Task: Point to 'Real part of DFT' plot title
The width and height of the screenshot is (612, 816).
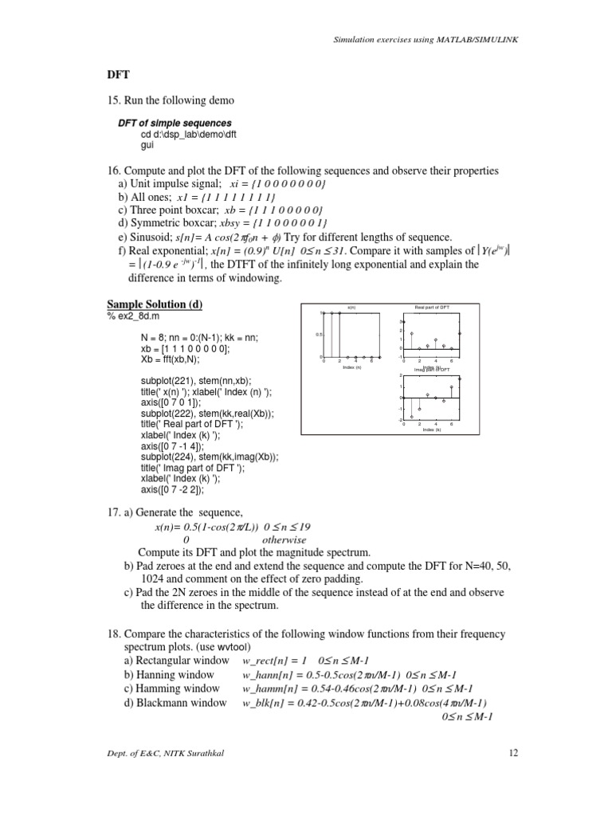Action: click(432, 306)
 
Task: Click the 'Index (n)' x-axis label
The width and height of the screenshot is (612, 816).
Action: click(351, 367)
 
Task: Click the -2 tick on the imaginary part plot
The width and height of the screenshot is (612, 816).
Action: click(400, 419)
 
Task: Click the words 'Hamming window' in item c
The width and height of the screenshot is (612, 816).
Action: click(171, 688)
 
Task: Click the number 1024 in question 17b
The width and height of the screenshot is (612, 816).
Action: click(155, 579)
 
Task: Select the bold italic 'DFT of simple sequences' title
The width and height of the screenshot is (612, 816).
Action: click(175, 124)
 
